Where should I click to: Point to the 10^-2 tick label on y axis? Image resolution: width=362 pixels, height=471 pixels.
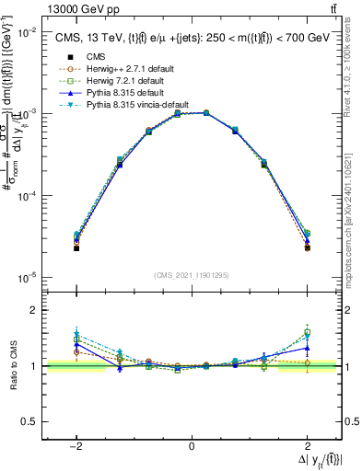(26, 31)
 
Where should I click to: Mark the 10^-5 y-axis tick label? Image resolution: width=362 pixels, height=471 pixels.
(26, 277)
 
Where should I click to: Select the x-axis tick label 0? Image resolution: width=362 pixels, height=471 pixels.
(191, 445)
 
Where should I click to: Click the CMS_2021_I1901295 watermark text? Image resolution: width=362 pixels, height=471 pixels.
(192, 274)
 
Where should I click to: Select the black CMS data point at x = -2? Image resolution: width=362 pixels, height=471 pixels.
(76, 248)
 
